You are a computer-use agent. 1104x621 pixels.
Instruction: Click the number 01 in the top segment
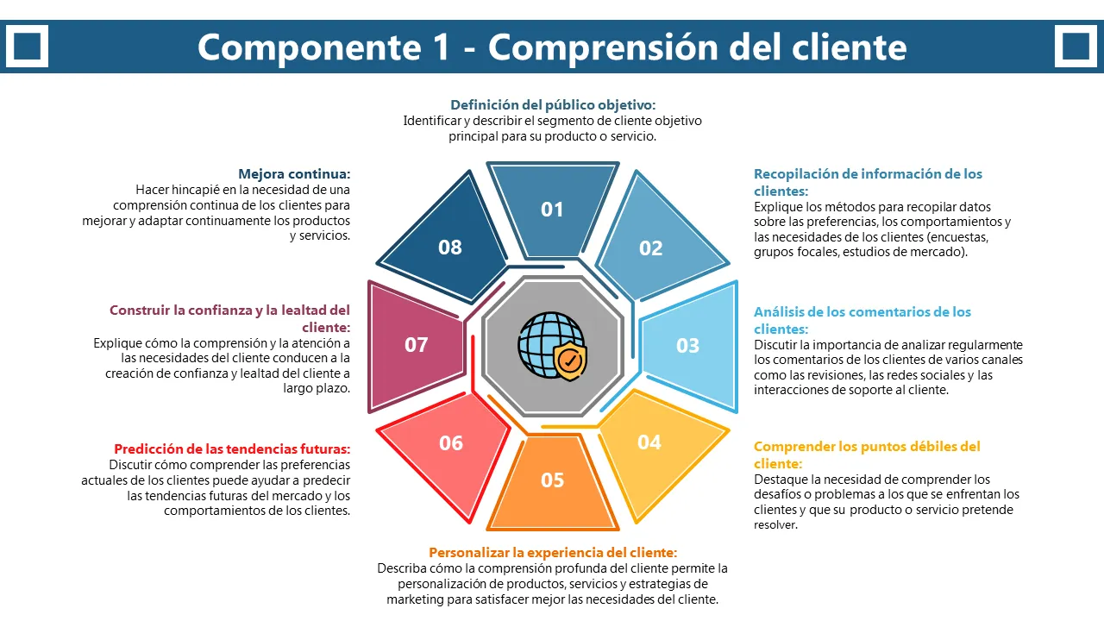552,210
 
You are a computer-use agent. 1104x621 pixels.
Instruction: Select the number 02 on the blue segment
650,248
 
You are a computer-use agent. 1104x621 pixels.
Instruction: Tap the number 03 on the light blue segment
687,346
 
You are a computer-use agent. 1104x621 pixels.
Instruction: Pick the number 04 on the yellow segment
649,442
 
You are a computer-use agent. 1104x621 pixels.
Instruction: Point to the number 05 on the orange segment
552,480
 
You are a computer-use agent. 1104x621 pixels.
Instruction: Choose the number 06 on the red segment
451,443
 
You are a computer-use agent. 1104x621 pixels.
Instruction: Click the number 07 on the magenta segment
417,345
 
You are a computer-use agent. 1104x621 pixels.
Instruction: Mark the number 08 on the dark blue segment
450,248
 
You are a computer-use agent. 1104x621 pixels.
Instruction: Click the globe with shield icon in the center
552,345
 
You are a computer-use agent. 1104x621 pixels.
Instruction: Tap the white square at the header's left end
27,46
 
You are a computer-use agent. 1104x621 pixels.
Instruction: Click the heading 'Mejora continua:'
294,173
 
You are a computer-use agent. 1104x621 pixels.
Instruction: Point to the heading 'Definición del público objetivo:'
553,105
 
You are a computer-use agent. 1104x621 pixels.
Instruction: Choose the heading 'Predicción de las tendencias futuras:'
232,449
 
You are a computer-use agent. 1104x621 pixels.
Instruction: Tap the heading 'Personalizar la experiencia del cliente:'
553,553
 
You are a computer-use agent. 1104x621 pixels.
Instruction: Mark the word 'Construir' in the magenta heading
140,310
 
